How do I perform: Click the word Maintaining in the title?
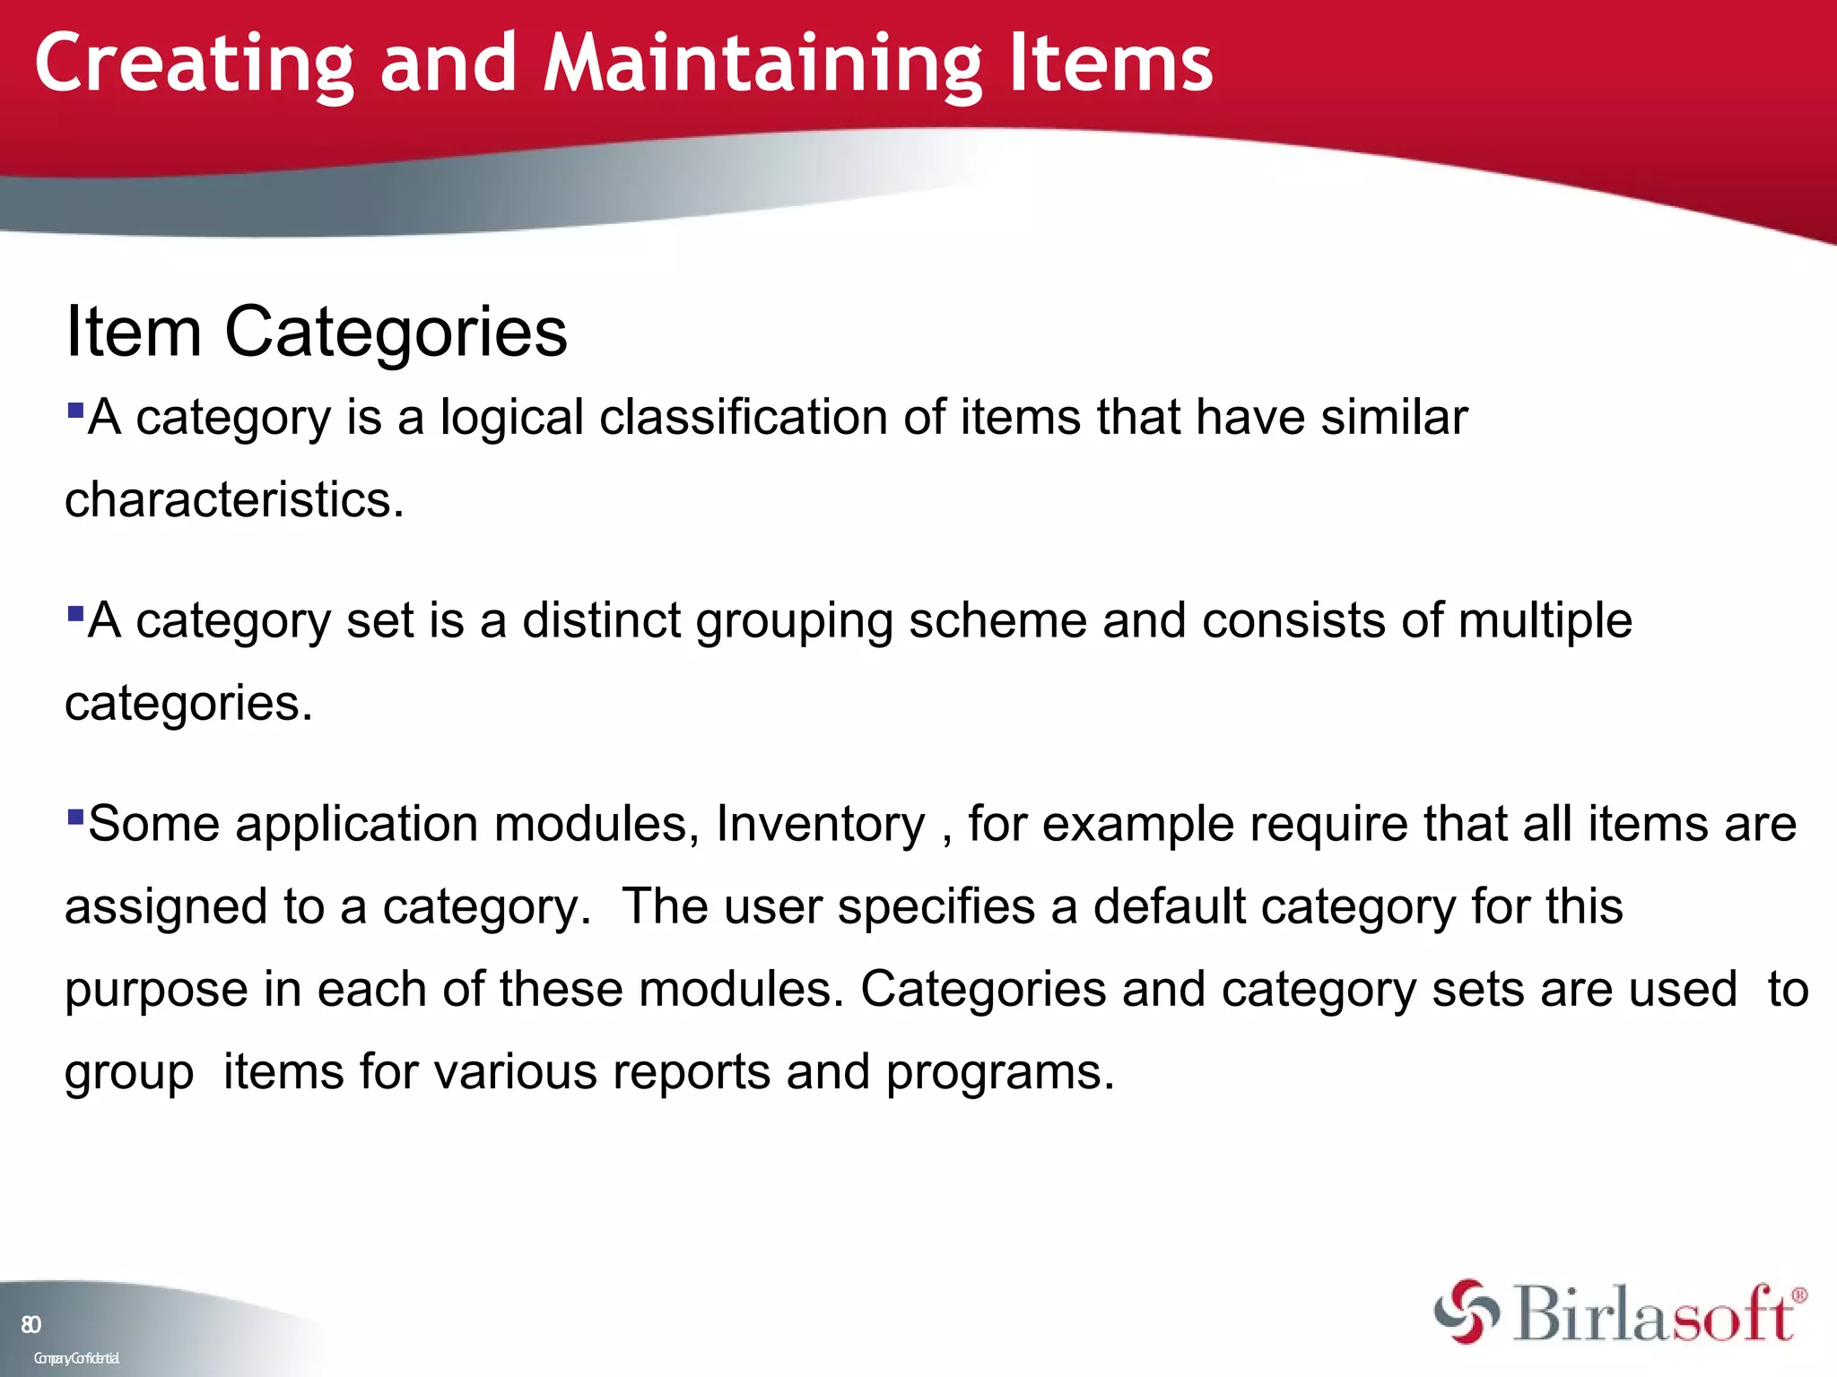(x=762, y=65)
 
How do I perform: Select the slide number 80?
(x=30, y=1325)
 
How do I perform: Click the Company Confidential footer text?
(x=76, y=1358)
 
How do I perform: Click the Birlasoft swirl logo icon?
(x=1467, y=1312)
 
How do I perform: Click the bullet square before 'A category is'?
(x=75, y=411)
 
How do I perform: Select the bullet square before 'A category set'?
(x=75, y=615)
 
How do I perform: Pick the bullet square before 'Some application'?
(x=75, y=818)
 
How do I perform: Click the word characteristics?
(x=234, y=499)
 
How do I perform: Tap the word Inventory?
(x=820, y=825)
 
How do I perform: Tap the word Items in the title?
(x=1110, y=65)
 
